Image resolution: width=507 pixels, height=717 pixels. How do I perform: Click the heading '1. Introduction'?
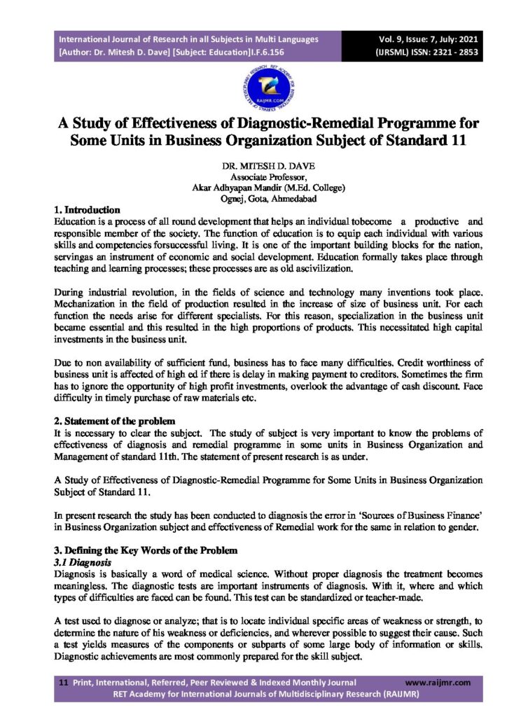click(87, 209)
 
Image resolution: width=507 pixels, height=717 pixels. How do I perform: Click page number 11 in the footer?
click(62, 682)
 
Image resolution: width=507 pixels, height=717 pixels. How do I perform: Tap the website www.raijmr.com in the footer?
click(438, 682)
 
